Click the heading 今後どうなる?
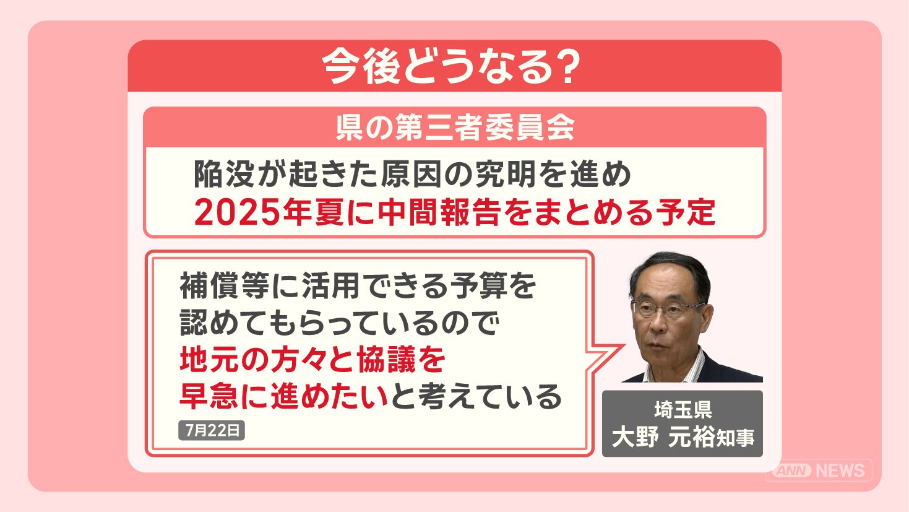pyautogui.click(x=451, y=67)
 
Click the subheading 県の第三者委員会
pyautogui.click(x=455, y=128)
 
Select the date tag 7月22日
pyautogui.click(x=212, y=430)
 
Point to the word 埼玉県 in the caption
pyautogui.click(x=683, y=410)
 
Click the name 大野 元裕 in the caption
pyautogui.click(x=663, y=438)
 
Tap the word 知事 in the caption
pyautogui.click(x=735, y=438)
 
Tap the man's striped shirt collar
pyautogui.click(x=686, y=368)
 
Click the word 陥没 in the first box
pyautogui.click(x=225, y=175)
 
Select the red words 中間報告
pyautogui.click(x=438, y=213)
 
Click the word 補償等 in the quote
pyautogui.click(x=225, y=285)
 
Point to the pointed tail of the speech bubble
pyautogui.click(x=623, y=345)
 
